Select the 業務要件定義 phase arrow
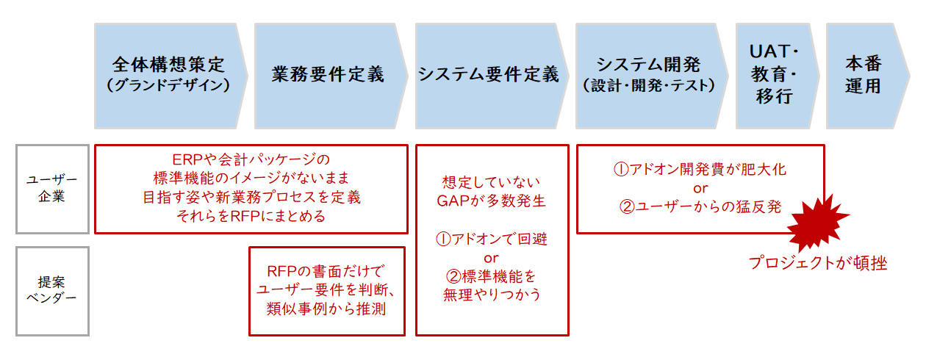[x=328, y=76]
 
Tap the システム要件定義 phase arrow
[x=489, y=76]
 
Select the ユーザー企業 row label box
[x=52, y=189]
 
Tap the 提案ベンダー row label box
[x=52, y=291]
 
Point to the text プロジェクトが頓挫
[x=817, y=263]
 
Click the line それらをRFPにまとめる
[x=251, y=216]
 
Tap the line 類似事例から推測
[x=326, y=309]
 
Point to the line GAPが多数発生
[x=492, y=201]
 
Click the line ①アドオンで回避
[x=492, y=239]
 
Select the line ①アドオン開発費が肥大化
[x=700, y=169]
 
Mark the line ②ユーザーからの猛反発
[x=700, y=207]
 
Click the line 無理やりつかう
[x=492, y=295]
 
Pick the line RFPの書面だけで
[x=326, y=270]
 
